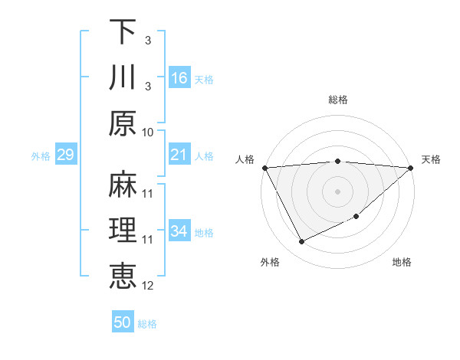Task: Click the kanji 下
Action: point(123,32)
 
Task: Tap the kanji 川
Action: point(123,77)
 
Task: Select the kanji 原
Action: point(123,123)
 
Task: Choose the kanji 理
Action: point(123,230)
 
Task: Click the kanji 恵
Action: point(123,276)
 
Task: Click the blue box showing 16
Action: point(179,77)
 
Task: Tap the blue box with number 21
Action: point(179,155)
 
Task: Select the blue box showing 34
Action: point(179,231)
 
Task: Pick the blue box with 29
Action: point(65,155)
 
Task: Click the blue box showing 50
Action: point(123,322)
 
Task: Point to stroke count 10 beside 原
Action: point(148,132)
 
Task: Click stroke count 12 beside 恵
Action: point(148,286)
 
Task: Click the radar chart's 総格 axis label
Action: point(338,100)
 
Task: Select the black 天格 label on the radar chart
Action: point(431,159)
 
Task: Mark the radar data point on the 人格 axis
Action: point(264,167)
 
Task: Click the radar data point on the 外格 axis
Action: point(301,242)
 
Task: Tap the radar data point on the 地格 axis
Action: point(357,218)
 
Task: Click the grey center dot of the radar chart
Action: point(338,191)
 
